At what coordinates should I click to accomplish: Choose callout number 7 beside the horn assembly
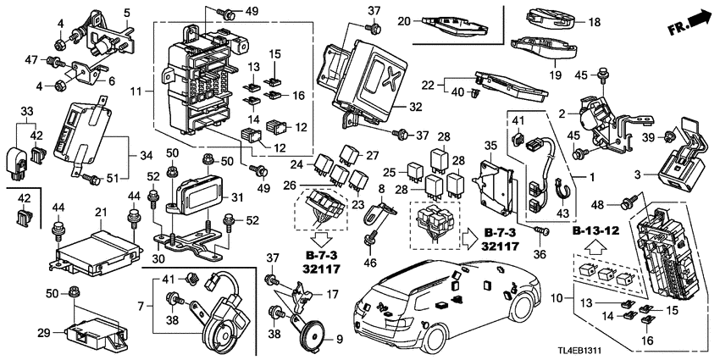(x=141, y=304)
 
